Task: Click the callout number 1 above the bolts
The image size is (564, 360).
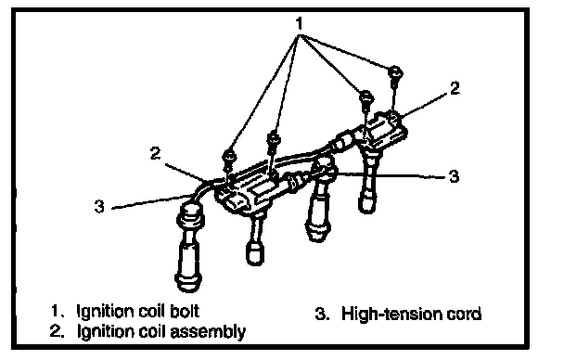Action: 299,24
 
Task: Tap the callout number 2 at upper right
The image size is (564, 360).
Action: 455,88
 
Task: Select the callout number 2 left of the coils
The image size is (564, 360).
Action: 156,154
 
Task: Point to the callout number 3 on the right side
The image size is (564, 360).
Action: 455,176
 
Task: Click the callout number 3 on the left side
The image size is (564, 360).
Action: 99,206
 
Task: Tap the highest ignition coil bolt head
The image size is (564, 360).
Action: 396,72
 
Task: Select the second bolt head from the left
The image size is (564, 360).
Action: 274,137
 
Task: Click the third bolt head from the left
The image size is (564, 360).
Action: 366,96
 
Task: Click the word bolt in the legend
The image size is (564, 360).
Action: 185,311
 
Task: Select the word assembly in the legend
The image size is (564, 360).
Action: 208,331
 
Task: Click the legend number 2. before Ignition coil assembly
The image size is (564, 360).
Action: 58,331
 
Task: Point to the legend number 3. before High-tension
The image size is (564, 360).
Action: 322,314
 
